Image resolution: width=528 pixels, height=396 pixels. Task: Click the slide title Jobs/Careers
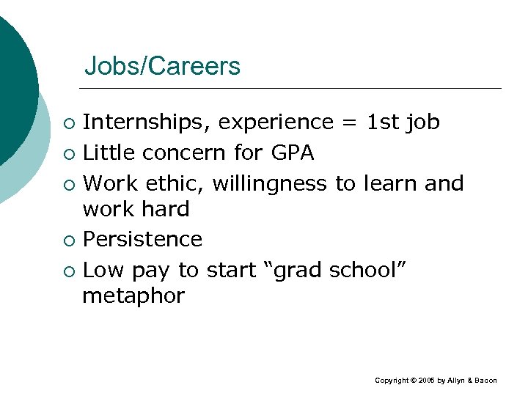(162, 67)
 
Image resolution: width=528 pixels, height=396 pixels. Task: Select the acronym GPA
(293, 153)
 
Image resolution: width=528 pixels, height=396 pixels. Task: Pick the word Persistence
(142, 239)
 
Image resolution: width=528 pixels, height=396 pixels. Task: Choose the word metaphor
(133, 296)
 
